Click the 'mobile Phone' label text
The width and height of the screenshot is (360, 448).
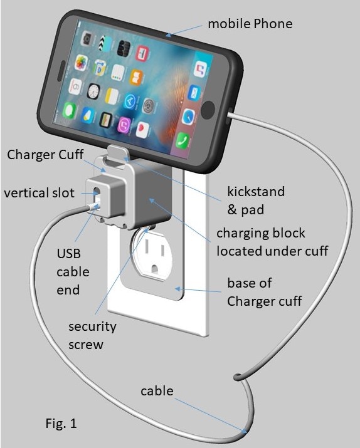[x=250, y=24]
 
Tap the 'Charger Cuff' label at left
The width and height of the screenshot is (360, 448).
[x=45, y=155]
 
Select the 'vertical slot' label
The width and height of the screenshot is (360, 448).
[x=39, y=193]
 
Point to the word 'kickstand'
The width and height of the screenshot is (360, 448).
[x=256, y=191]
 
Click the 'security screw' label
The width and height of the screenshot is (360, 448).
[x=92, y=335]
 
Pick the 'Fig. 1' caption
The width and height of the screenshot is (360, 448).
[x=61, y=423]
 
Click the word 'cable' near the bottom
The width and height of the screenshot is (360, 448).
[x=157, y=391]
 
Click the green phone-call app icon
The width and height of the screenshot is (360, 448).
[x=182, y=140]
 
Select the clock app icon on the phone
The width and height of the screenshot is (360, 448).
[x=93, y=91]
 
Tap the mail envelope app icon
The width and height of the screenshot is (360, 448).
[x=194, y=93]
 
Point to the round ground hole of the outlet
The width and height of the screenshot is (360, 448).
[x=154, y=269]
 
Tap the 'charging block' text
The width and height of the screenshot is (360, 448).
[x=260, y=233]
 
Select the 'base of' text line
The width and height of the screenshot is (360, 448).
[x=250, y=283]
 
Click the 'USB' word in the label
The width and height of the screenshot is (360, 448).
[x=68, y=253]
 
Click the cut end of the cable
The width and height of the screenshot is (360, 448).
[x=237, y=377]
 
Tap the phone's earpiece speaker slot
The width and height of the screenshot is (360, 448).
[x=60, y=71]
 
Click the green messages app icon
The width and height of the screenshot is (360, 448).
[x=69, y=110]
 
